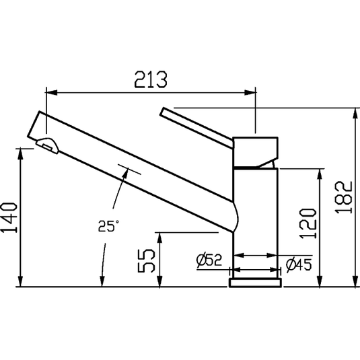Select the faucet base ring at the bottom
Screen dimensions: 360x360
(x=255, y=281)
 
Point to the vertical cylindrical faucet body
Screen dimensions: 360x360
(x=256, y=215)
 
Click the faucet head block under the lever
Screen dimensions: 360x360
(x=255, y=151)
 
